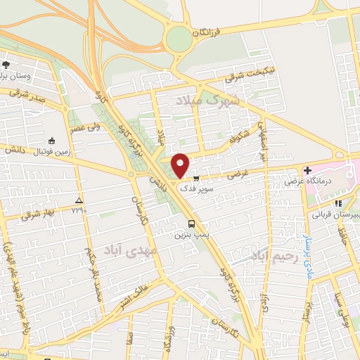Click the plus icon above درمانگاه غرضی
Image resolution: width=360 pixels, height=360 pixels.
point(307,170)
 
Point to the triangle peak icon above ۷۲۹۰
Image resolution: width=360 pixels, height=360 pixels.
point(79,200)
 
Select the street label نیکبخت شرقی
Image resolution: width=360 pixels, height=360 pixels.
point(241,73)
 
